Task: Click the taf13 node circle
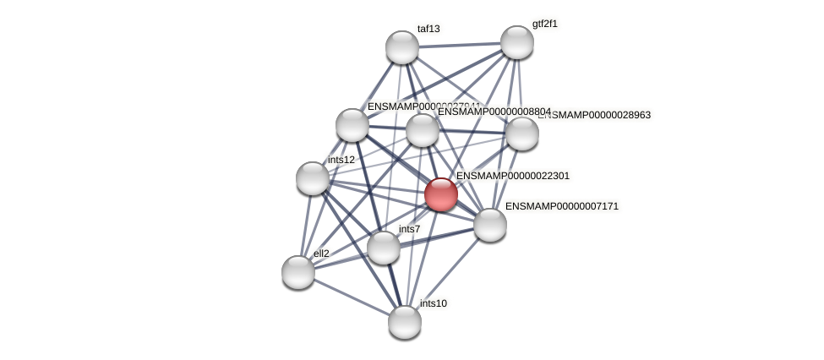402,46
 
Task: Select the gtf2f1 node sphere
516,42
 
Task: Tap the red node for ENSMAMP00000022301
440,194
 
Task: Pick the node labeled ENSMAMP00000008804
422,130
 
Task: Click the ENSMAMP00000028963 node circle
521,134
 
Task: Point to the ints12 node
313,178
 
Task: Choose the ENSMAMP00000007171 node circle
489,225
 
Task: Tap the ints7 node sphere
384,248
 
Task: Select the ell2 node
297,272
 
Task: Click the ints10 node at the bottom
405,321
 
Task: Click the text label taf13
428,29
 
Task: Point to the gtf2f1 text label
545,24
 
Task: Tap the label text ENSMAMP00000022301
513,176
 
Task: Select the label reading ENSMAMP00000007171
562,206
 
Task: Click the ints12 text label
341,160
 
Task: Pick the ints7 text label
409,229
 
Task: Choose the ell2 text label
321,253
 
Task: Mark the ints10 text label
434,303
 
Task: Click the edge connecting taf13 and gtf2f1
459,45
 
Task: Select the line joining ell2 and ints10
351,297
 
